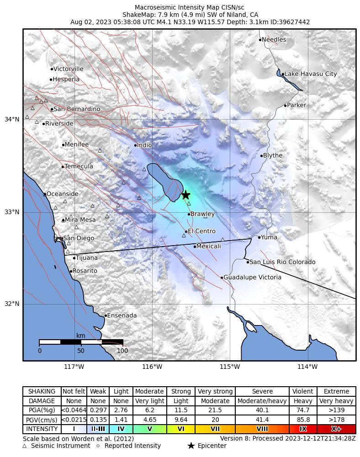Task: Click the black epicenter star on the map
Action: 185,195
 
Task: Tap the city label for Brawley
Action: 202,214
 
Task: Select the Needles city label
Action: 274,40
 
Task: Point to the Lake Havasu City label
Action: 311,74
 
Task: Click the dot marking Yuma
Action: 259,237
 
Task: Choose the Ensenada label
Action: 122,315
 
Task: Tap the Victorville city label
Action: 68,69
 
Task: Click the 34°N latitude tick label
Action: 12,120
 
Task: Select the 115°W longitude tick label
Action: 230,367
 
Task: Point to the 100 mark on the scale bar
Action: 122,351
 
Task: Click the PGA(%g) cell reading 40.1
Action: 262,410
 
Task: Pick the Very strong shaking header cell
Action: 215,392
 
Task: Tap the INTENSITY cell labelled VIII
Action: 262,429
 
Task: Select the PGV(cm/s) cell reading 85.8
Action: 303,420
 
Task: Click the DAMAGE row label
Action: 42,401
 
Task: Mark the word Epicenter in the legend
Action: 212,446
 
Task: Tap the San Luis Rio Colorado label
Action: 282,262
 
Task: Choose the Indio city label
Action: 144,145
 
